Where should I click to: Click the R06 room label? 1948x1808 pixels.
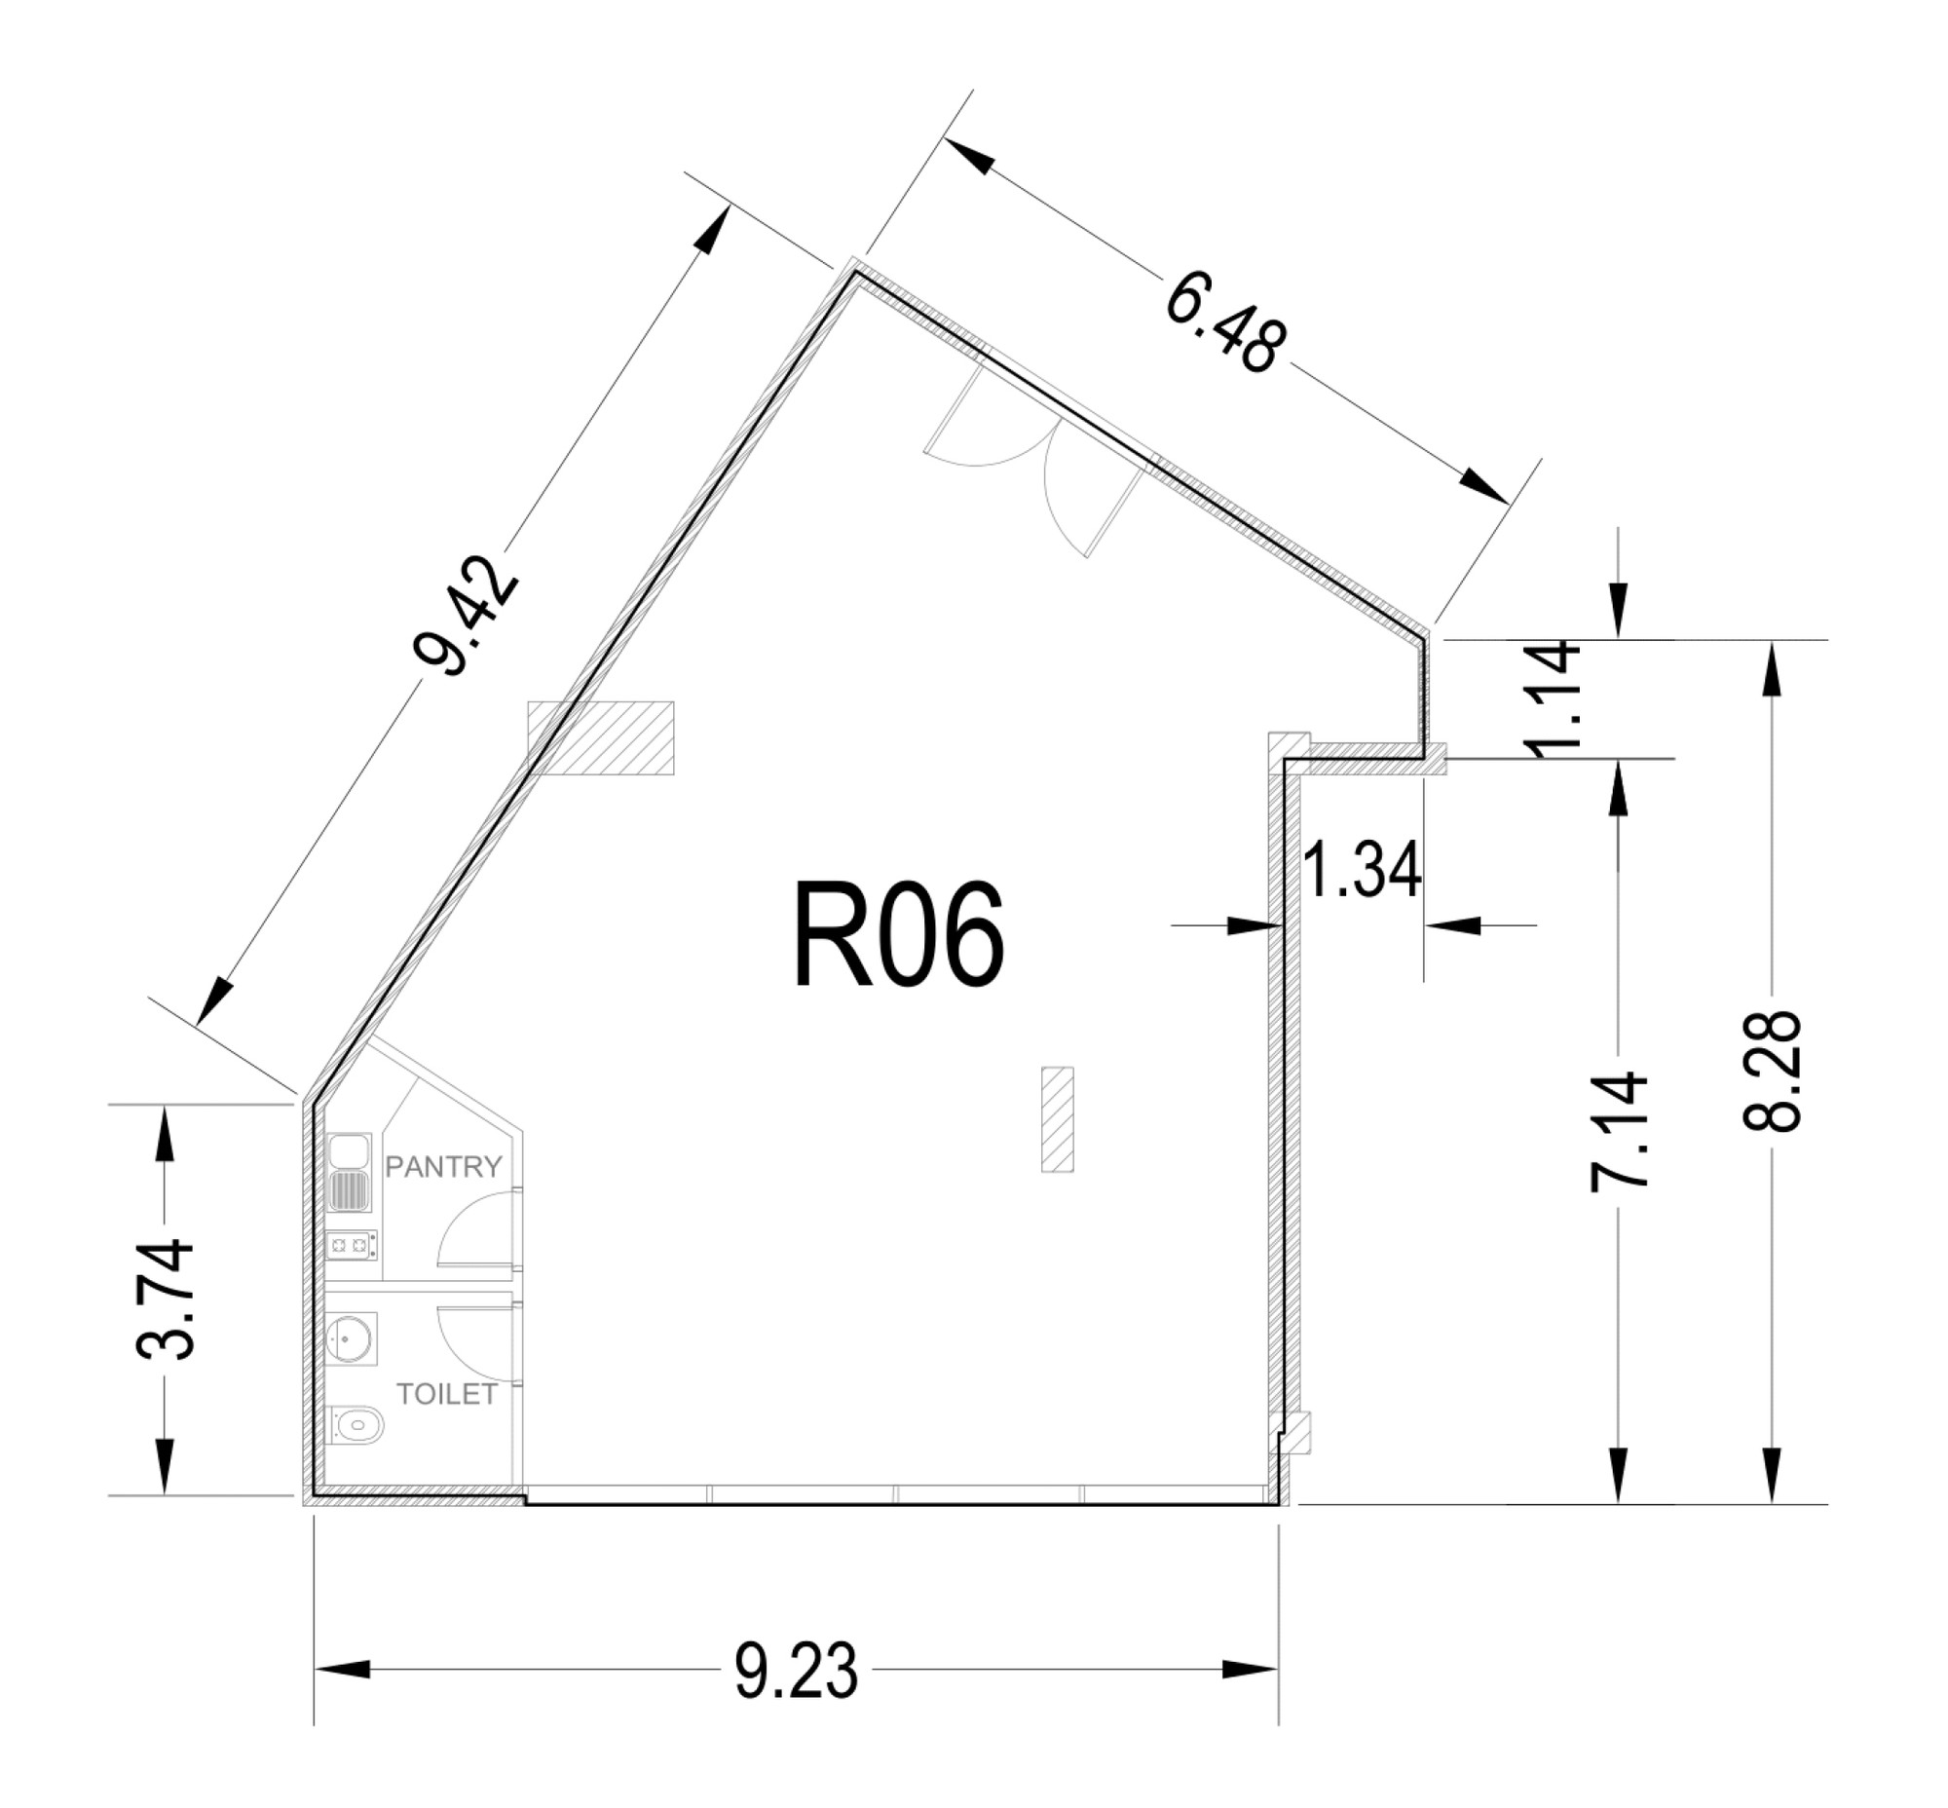[897, 935]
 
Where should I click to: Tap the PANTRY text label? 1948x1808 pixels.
[443, 1166]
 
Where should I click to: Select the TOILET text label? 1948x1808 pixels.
[447, 1394]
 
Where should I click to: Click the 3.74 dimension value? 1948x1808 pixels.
[164, 1299]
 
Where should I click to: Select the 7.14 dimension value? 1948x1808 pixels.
[1617, 1131]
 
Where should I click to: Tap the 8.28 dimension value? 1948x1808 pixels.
[1771, 1072]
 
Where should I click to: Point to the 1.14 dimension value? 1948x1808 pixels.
[1553, 698]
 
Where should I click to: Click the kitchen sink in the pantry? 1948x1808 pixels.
[350, 1172]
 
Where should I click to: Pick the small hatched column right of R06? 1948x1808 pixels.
[1058, 1119]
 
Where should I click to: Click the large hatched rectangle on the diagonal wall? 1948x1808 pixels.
[601, 737]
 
